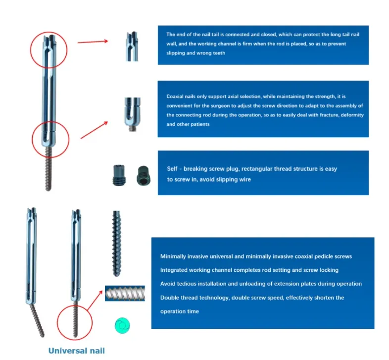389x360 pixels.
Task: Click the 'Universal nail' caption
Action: click(76, 351)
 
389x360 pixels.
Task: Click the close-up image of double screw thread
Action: click(125, 294)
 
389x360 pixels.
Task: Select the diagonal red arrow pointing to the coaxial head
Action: click(95, 129)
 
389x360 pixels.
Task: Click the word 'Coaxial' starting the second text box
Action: click(175, 96)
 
